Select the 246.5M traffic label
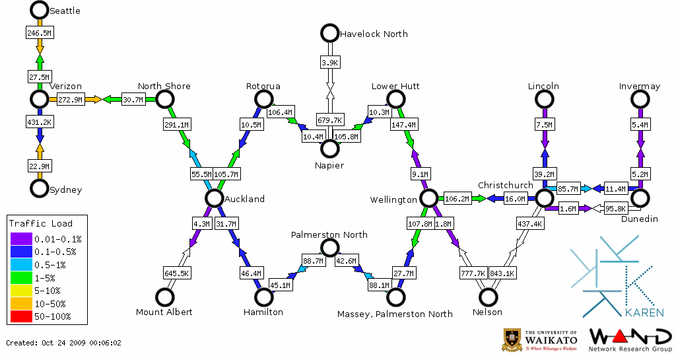point(40,32)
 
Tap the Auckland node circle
point(213,198)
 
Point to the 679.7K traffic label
point(329,120)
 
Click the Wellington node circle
point(428,198)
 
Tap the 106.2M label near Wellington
point(456,198)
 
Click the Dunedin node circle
point(639,198)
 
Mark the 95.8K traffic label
point(615,209)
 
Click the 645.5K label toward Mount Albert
point(177,272)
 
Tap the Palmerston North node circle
point(329,248)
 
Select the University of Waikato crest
point(514,340)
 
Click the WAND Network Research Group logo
point(630,340)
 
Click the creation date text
point(63,343)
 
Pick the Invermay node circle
point(639,99)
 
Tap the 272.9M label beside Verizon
point(71,100)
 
